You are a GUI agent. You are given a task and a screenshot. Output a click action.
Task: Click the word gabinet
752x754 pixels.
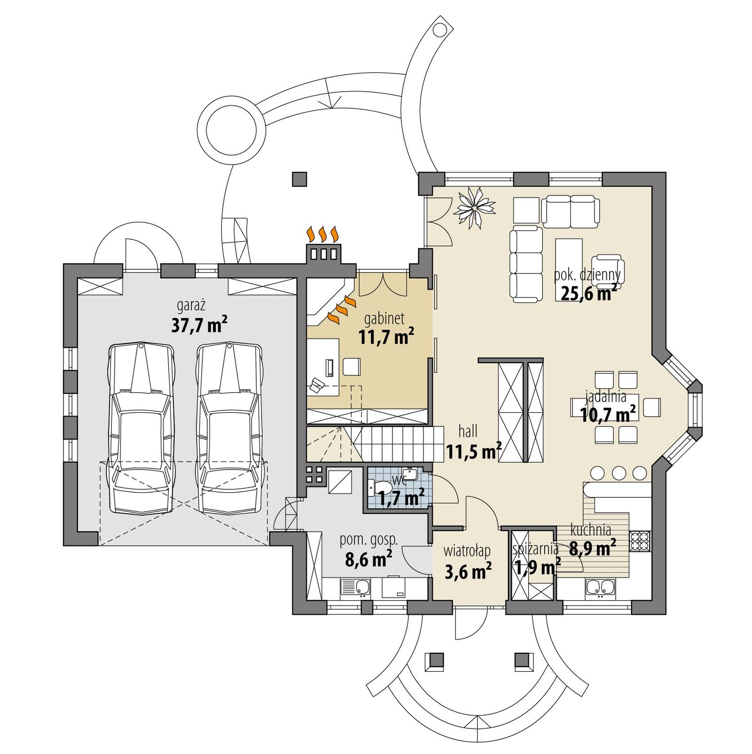pyautogui.click(x=384, y=319)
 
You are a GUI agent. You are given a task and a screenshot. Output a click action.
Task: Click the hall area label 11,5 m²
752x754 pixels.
pyautogui.click(x=473, y=452)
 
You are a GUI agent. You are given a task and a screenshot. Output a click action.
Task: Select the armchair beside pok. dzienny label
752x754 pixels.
pyautogui.click(x=608, y=270)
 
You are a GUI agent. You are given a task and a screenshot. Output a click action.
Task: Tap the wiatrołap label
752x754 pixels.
pyautogui.click(x=467, y=550)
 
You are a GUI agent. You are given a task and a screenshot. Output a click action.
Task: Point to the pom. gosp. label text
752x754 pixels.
pyautogui.click(x=368, y=540)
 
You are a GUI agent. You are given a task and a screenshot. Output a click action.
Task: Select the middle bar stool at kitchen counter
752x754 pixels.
pyautogui.click(x=619, y=472)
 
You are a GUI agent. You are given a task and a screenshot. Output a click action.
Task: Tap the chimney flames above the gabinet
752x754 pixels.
pyautogui.click(x=322, y=234)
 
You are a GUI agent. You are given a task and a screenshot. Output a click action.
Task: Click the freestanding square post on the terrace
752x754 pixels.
pyautogui.click(x=299, y=179)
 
